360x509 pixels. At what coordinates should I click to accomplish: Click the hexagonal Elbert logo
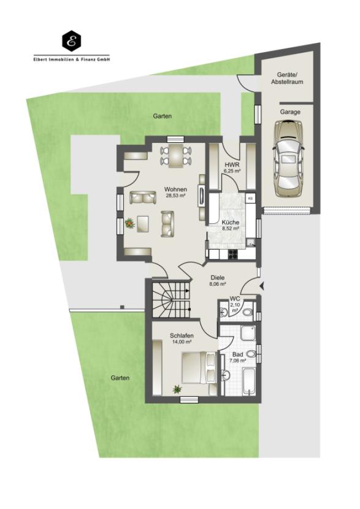(x=71, y=40)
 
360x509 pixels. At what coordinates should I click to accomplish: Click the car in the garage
(x=288, y=158)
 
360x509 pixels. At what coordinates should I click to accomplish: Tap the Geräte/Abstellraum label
(x=287, y=78)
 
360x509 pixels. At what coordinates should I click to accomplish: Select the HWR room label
(x=231, y=164)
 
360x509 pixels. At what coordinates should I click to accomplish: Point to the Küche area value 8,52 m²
(x=231, y=228)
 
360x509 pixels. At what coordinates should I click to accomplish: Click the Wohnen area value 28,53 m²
(x=175, y=196)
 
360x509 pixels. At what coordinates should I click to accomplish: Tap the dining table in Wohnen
(x=176, y=155)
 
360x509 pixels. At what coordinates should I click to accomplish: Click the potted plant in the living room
(x=129, y=223)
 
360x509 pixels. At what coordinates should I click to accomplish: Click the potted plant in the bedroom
(x=177, y=389)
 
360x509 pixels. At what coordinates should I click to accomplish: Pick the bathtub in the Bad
(x=250, y=381)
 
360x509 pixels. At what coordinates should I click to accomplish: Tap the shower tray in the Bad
(x=248, y=333)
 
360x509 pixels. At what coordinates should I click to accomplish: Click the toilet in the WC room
(x=248, y=313)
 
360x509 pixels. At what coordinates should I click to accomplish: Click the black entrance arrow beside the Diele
(x=262, y=286)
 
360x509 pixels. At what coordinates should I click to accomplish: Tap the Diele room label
(x=218, y=278)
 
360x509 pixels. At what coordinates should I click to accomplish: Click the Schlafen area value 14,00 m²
(x=182, y=342)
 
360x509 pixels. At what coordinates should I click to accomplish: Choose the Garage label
(x=290, y=112)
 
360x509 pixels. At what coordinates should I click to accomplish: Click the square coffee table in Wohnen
(x=143, y=224)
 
